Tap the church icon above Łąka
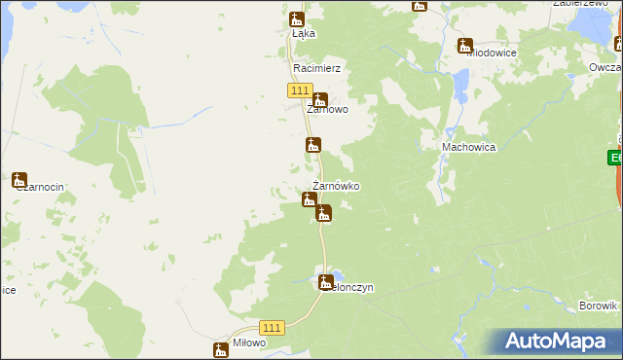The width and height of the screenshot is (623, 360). point(297,19)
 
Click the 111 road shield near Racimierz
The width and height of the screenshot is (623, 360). point(299,90)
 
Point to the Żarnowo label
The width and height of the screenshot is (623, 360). point(328,110)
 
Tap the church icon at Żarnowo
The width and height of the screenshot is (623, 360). point(319,98)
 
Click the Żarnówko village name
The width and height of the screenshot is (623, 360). point(336,186)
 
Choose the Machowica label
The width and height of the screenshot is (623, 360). point(469,147)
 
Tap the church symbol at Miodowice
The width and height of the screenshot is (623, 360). point(465,45)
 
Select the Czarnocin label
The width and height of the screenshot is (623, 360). point(39,189)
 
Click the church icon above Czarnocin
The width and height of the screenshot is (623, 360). point(19,180)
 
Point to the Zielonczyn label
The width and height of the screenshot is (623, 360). point(350,288)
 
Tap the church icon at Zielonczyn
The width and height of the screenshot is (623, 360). point(326,282)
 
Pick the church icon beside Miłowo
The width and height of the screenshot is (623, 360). point(221,349)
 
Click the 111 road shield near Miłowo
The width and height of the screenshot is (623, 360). point(273,329)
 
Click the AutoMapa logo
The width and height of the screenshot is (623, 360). point(561,342)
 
